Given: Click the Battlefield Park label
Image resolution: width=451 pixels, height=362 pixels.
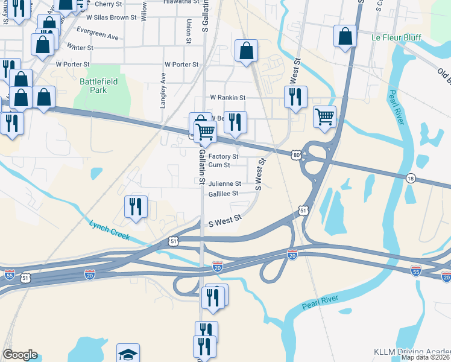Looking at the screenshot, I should coord(93,86).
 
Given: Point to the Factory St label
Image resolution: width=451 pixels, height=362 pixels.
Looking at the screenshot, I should coord(223,156).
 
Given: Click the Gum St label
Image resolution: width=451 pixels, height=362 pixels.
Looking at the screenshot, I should coord(219,165).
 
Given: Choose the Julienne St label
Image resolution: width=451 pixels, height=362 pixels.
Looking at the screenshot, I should coord(224,184).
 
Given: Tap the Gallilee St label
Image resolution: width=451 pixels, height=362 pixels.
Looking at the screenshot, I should coord(223,194).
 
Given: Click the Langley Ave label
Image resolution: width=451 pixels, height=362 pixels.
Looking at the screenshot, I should coord(163,91).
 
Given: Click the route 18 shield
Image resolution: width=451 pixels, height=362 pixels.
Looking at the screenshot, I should coord(411,178).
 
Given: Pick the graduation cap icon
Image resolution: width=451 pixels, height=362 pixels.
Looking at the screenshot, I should coord(128,354).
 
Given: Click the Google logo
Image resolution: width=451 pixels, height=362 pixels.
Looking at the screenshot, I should coord(20,355).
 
